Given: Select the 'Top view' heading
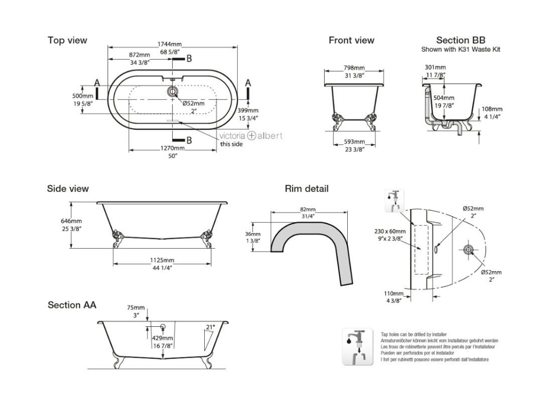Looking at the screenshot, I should point(67,40).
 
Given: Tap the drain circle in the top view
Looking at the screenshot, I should point(173,92).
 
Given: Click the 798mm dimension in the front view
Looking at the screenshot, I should point(354,68).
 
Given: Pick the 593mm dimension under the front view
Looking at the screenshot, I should point(354,141).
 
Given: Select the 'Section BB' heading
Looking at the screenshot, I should point(460,40).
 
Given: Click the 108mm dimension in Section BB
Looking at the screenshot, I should point(492,109).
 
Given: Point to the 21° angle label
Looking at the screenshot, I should point(210,327).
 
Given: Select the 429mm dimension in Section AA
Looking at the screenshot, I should point(163,338).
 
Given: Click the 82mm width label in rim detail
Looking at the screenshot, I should point(308,209).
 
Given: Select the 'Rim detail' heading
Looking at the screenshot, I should point(307,189).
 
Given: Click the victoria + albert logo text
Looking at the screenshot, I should point(250,135).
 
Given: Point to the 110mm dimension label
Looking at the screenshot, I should point(394,293).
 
